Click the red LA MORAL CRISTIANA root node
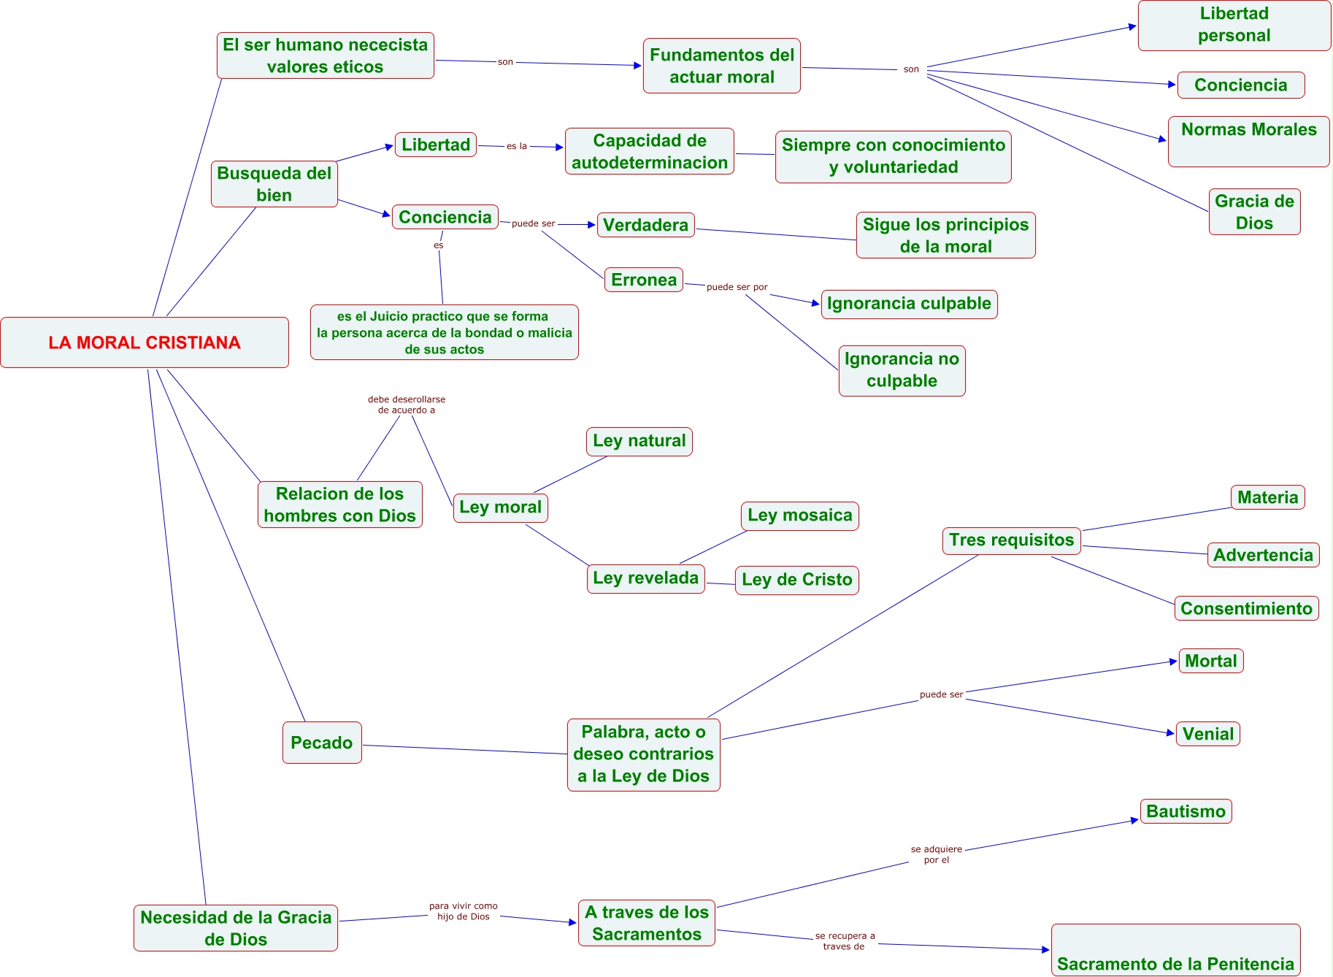(145, 342)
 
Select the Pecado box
(322, 743)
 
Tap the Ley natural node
(639, 441)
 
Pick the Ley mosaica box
(799, 516)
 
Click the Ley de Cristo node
(796, 580)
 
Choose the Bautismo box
(1186, 811)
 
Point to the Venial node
(1207, 734)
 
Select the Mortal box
(1210, 661)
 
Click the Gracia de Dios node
(1254, 212)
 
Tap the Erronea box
(643, 280)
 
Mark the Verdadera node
(645, 225)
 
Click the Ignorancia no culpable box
(902, 370)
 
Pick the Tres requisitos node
(1011, 540)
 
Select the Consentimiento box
(1246, 608)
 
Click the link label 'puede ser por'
(737, 287)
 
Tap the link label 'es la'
(516, 146)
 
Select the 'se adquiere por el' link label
(936, 854)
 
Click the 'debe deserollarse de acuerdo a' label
(406, 405)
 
